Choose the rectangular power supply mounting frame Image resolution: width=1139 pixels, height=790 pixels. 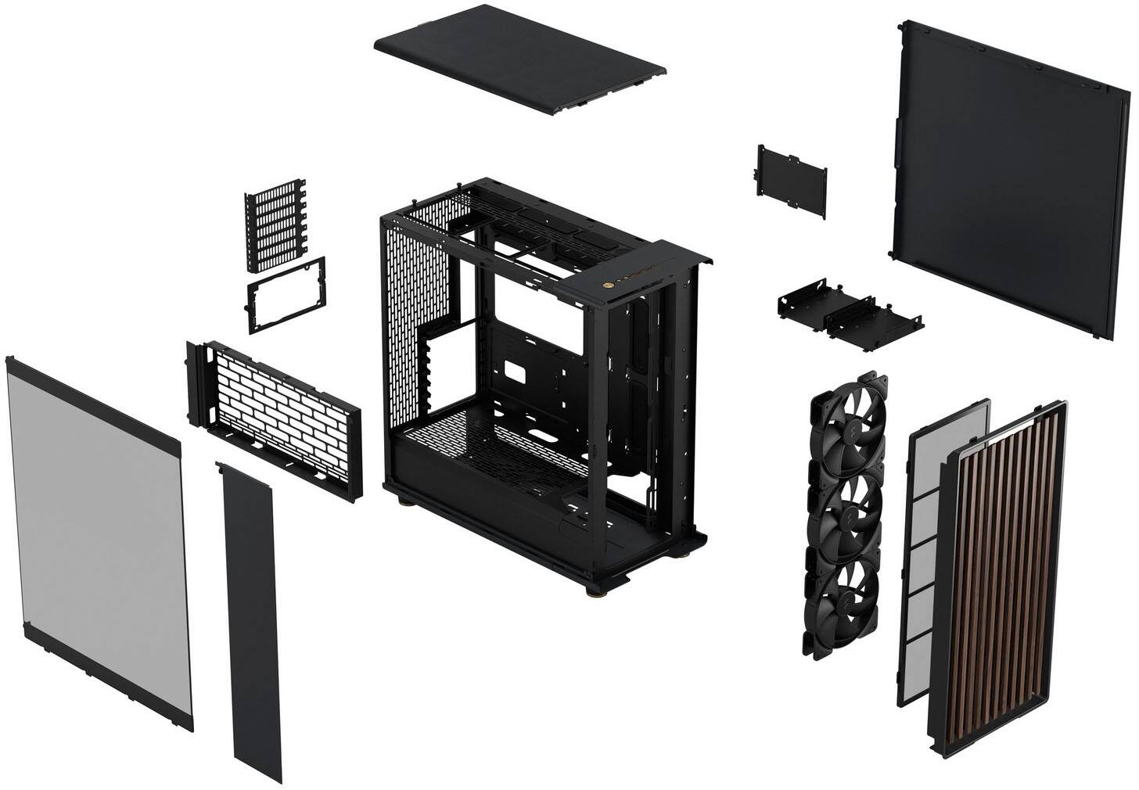point(286,295)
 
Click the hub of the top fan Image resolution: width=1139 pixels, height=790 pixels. point(843,428)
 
